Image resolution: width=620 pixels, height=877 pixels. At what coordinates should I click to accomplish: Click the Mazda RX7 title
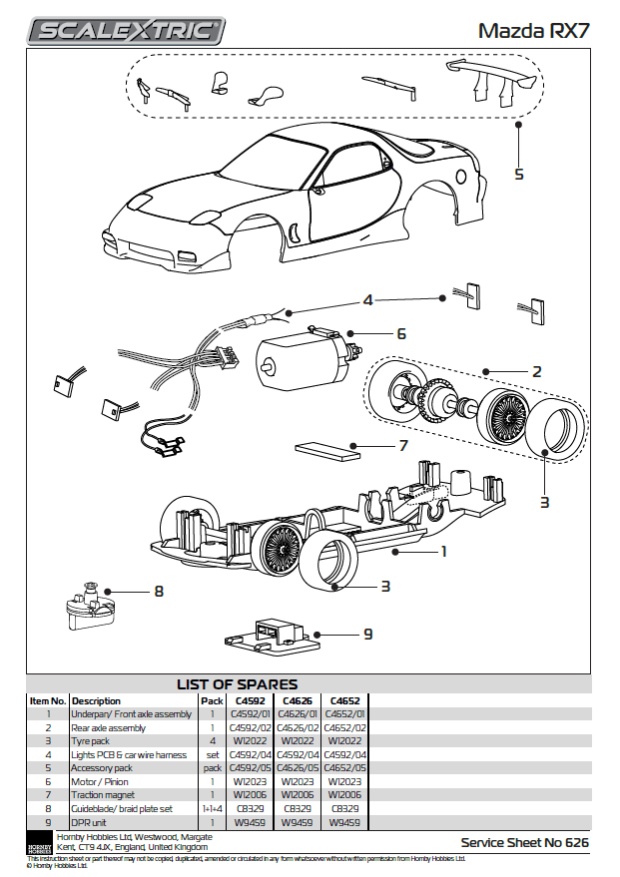533,30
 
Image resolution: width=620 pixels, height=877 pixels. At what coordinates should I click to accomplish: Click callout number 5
518,174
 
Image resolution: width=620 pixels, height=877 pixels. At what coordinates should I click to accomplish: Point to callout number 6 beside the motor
401,333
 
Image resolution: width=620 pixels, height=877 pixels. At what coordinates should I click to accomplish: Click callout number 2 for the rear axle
536,371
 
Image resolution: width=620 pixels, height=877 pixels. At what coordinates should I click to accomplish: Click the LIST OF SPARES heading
237,684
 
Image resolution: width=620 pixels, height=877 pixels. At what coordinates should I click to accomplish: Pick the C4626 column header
298,700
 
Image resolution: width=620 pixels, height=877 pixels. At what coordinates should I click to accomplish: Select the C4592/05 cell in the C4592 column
250,768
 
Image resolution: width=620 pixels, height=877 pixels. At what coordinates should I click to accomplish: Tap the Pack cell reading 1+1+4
213,809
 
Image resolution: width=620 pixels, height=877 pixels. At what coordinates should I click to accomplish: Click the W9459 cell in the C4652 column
345,823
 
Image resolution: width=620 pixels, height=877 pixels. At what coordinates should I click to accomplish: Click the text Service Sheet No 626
524,843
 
